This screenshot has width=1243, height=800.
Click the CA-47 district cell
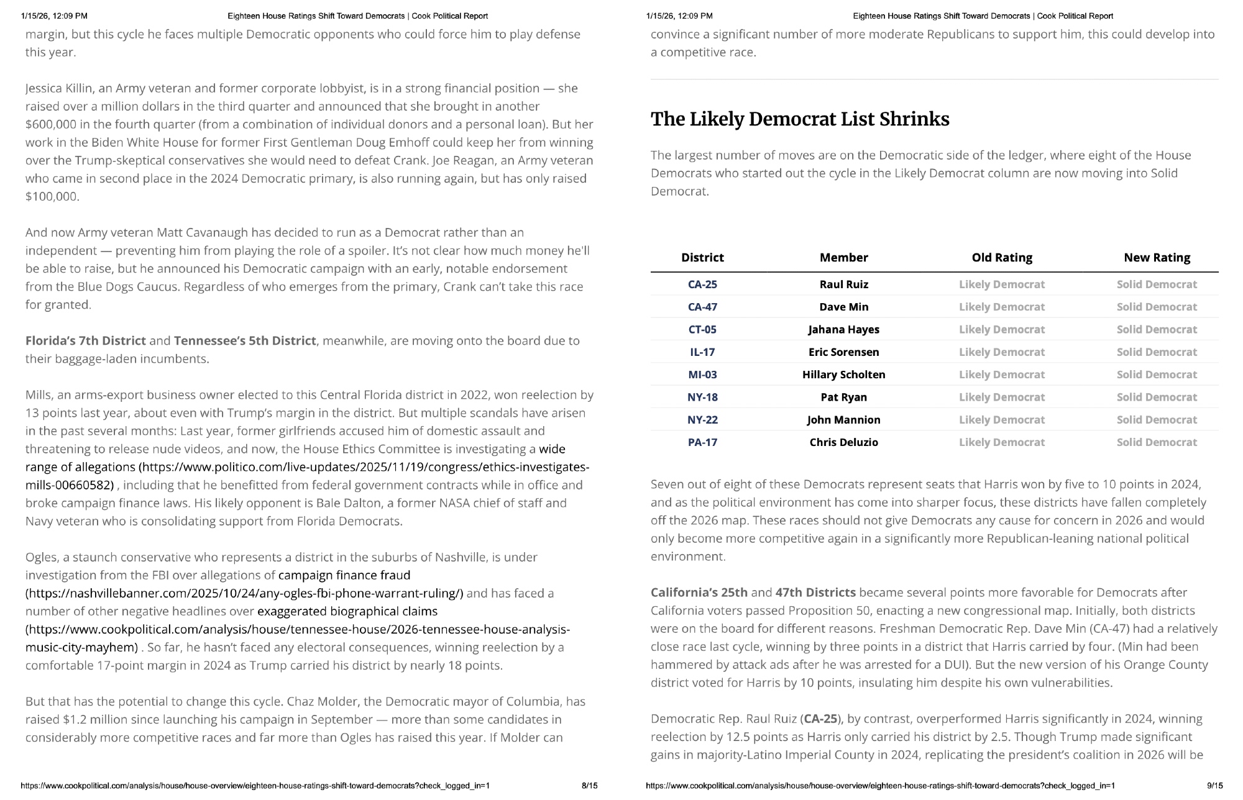coord(702,307)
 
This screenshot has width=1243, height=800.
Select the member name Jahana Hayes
coord(843,329)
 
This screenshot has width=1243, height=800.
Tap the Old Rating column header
coord(1001,257)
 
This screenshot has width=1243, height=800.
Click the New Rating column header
coord(1157,257)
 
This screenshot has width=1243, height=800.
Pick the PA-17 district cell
coord(702,442)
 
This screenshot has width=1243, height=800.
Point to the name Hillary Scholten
coord(843,375)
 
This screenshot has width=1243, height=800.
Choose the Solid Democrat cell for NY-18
coord(1156,397)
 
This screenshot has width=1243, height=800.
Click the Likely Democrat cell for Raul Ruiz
coord(1001,284)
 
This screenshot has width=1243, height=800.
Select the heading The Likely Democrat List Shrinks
coord(800,119)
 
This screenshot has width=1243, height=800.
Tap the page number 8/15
coord(589,786)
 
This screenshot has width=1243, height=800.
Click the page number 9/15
coord(1214,786)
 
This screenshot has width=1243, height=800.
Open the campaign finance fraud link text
coord(344,575)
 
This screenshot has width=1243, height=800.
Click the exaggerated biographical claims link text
coord(347,611)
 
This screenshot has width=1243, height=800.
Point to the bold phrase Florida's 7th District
coord(86,340)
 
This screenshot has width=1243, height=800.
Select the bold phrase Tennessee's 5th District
coord(245,340)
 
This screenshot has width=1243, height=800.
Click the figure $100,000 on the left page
coord(52,196)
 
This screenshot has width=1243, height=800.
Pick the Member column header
coord(843,257)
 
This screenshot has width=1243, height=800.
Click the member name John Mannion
coord(843,420)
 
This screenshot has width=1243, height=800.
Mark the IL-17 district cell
coord(702,352)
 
